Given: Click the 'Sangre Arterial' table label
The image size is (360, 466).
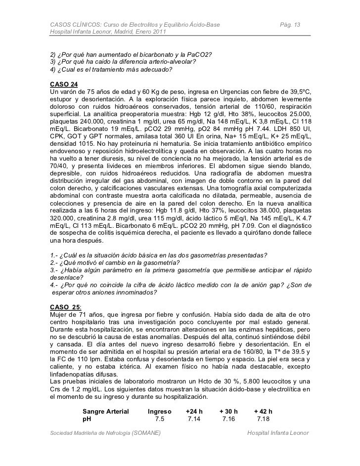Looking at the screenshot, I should click(105, 411).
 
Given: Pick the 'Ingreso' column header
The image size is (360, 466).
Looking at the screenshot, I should click(160, 411).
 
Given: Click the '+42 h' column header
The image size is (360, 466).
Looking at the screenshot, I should click(263, 411).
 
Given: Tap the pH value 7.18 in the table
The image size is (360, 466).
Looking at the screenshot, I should click(263, 420).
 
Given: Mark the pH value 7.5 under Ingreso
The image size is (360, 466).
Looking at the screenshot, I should click(160, 420).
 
